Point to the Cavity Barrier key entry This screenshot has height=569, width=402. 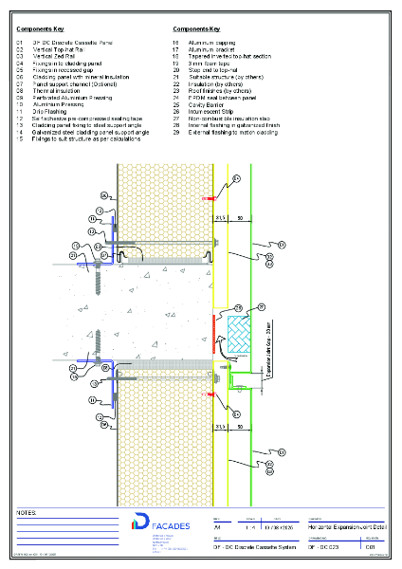pyautogui.click(x=207, y=103)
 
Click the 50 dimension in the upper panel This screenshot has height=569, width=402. pyautogui.click(x=240, y=217)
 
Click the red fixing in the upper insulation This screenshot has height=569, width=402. pyautogui.click(x=209, y=198)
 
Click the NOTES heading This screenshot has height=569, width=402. pyautogui.click(x=27, y=513)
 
